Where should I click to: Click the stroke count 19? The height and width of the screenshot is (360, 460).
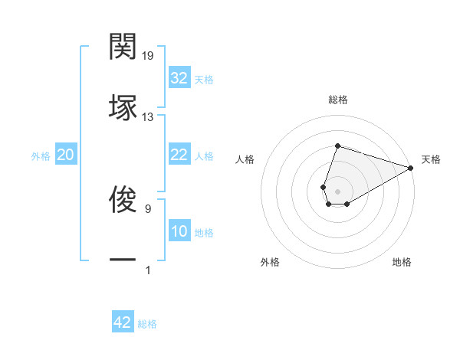(x=148, y=56)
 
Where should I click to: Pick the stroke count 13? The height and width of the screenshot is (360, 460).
(x=148, y=117)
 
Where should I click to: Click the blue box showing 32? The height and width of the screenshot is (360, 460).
(x=179, y=78)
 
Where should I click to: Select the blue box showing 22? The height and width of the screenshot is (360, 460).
(x=179, y=155)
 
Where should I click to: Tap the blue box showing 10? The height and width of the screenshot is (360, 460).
(x=179, y=231)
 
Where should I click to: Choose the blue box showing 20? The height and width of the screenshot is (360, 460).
(x=66, y=155)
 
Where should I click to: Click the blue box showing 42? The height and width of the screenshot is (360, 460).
(x=123, y=322)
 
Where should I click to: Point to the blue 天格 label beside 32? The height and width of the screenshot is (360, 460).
(x=204, y=79)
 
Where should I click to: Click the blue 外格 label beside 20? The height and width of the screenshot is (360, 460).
(x=41, y=155)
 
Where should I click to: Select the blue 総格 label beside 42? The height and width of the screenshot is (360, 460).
(x=147, y=323)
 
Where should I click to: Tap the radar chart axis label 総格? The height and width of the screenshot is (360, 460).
(x=337, y=100)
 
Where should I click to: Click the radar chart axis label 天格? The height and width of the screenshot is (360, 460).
(x=431, y=159)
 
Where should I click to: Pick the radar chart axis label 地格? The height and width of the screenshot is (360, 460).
(x=402, y=262)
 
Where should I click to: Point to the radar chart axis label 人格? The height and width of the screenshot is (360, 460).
(x=245, y=159)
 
